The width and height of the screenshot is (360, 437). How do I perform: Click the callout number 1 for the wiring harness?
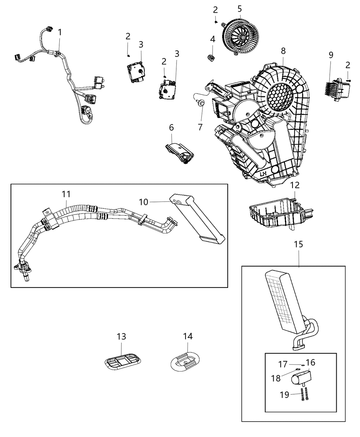pyautogui.click(x=60, y=33)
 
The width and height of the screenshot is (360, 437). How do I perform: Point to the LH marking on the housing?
pyautogui.click(x=263, y=174)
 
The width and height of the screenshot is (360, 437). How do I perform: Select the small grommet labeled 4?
pyautogui.click(x=212, y=57)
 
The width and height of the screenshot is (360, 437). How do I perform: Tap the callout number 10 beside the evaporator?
pyautogui.click(x=144, y=202)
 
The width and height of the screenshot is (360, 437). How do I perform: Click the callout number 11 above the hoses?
pyautogui.click(x=66, y=194)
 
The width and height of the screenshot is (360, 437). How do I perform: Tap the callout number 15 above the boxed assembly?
pyautogui.click(x=298, y=244)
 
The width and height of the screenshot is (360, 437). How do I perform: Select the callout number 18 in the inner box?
pyautogui.click(x=276, y=378)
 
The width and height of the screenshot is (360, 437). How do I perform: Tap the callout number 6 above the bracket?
pyautogui.click(x=171, y=128)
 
